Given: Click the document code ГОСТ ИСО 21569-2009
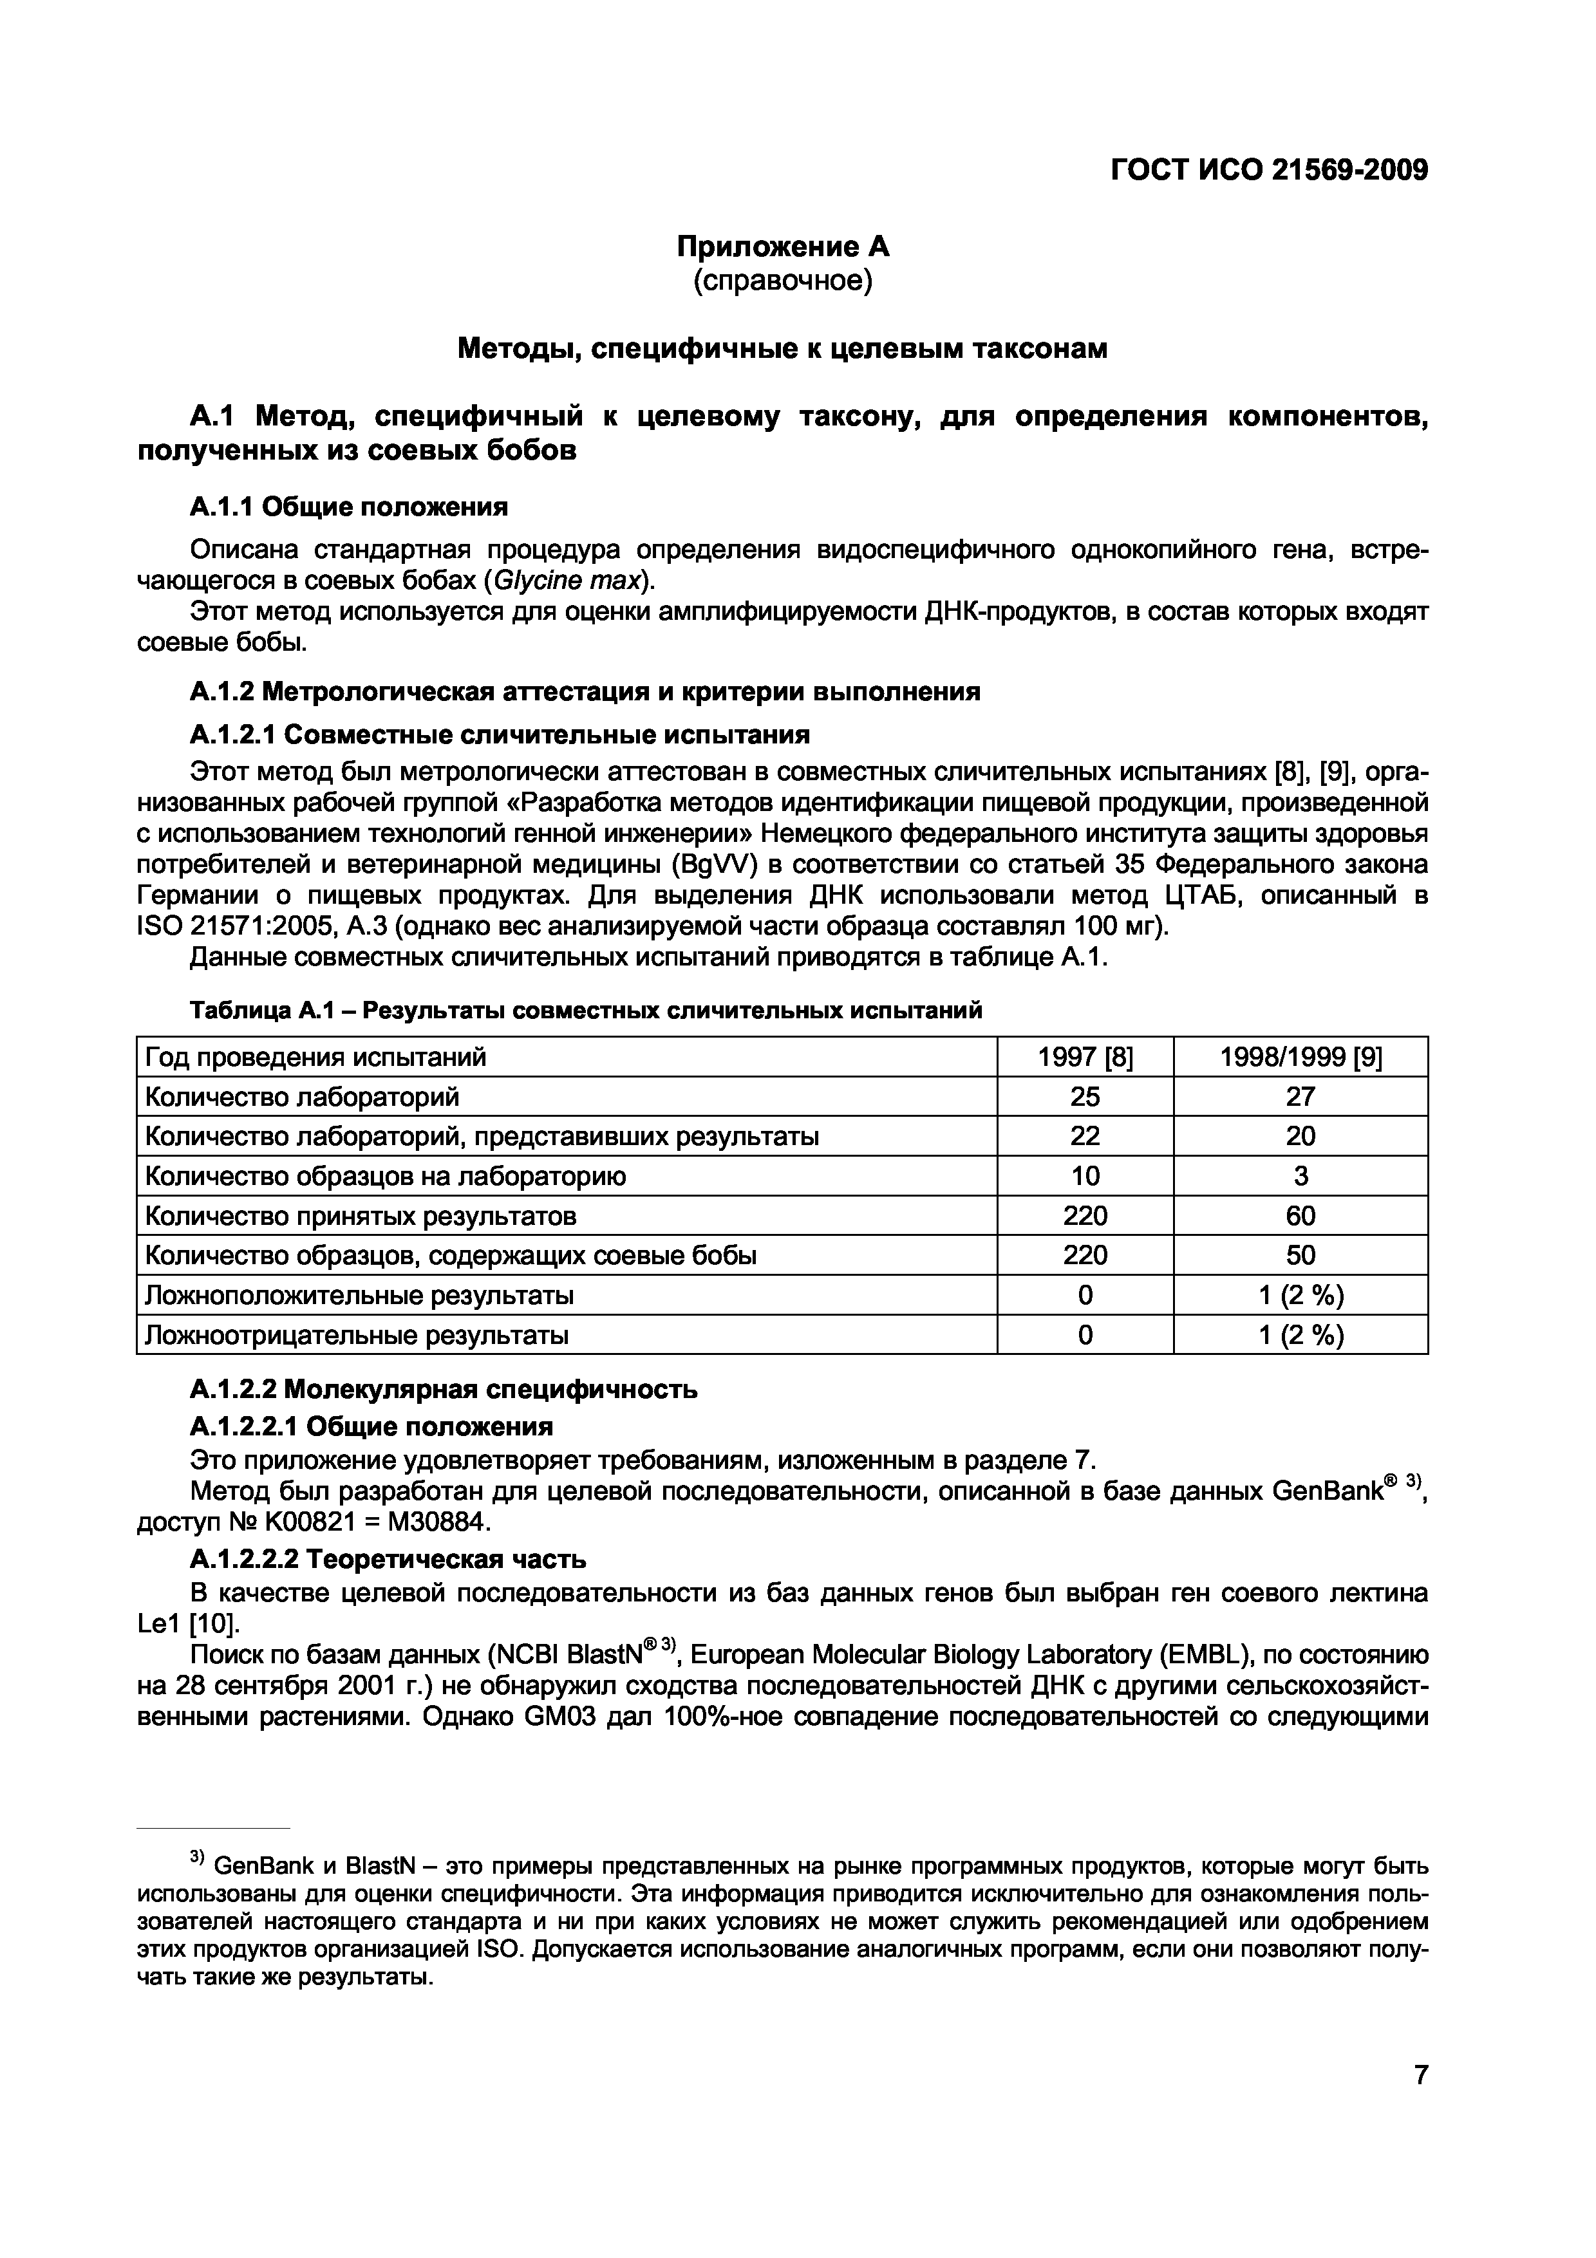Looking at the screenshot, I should coord(1268,170).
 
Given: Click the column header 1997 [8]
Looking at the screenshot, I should coord(1085,1057).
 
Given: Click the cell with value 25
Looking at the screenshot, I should coord(1085,1097).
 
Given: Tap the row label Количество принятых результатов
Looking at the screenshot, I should coord(360,1217).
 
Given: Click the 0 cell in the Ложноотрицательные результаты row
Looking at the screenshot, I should coord(1085,1336).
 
